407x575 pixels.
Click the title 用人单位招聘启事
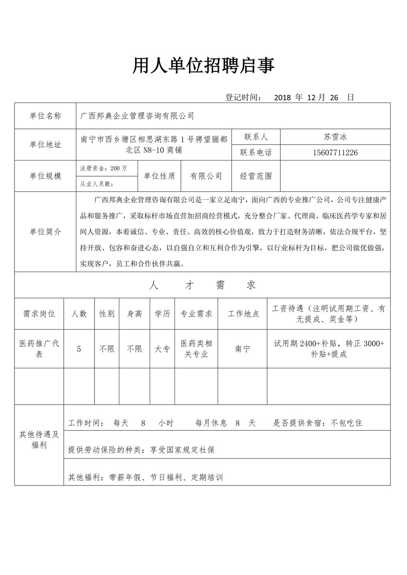[203, 66]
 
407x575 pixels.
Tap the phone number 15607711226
[335, 153]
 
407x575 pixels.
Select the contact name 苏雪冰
[335, 137]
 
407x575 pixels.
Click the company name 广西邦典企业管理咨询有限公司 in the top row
[137, 116]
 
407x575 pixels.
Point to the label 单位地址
[45, 145]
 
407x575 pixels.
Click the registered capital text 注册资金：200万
[104, 168]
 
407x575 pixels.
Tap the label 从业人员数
[96, 184]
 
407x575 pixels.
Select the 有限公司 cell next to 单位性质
[206, 176]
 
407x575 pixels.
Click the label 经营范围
[256, 176]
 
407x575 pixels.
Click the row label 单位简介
[45, 232]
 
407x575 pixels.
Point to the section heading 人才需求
[202, 285]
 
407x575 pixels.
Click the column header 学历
[162, 314]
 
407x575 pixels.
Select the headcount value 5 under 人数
[79, 349]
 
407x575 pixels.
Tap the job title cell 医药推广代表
[39, 349]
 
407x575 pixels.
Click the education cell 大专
[162, 349]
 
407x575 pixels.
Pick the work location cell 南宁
[242, 349]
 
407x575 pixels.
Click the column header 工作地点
[243, 314]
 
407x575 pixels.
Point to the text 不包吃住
[346, 424]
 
